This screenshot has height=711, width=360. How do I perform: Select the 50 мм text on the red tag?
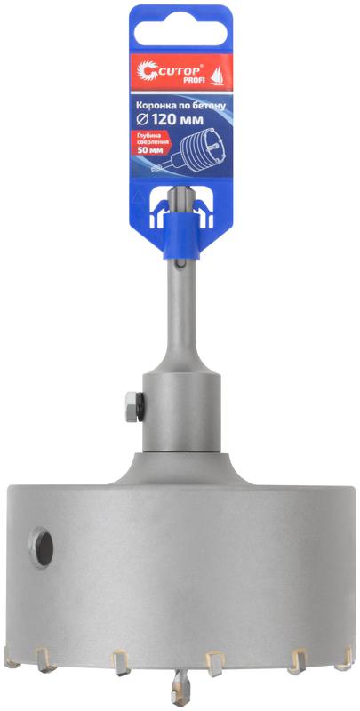[x=146, y=150]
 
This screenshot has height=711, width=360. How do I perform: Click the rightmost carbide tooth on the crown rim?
[x=342, y=657]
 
